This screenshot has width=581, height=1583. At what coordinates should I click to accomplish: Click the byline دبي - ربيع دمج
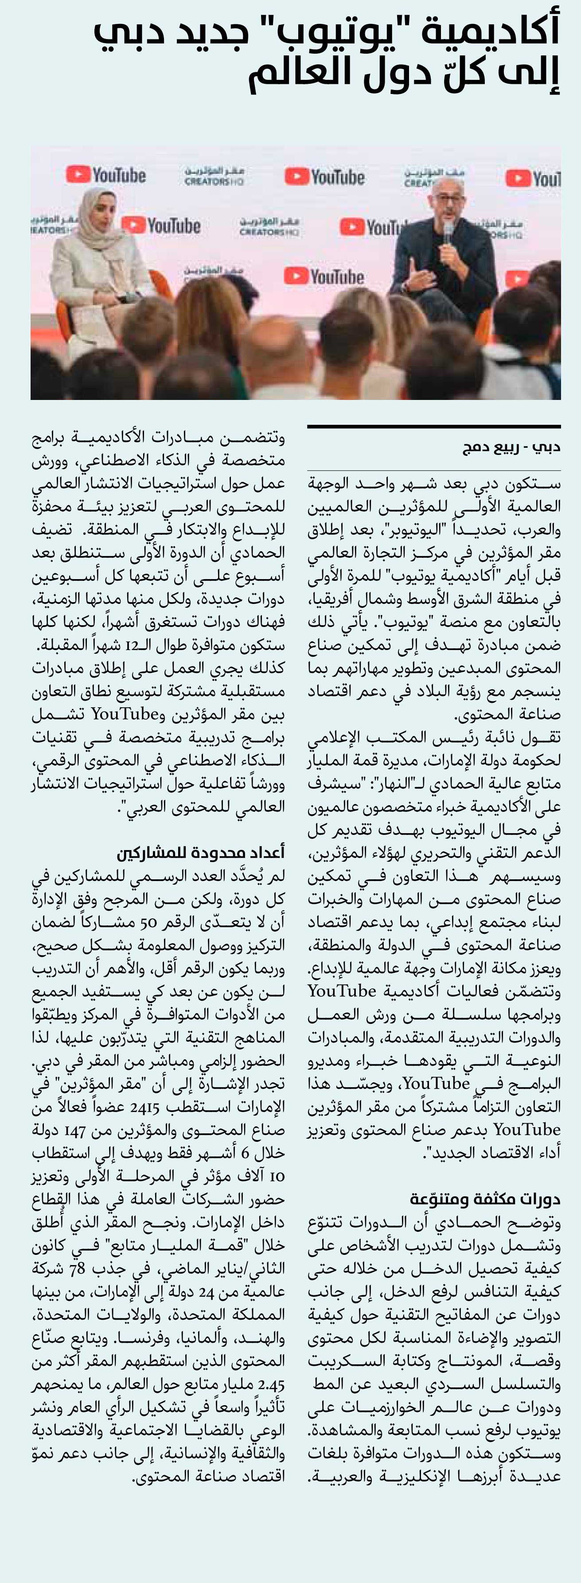pos(511,447)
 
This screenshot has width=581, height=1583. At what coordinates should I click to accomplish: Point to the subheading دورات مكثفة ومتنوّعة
pos(485,1199)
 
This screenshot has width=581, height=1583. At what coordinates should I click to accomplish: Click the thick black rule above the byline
pos(433,426)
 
